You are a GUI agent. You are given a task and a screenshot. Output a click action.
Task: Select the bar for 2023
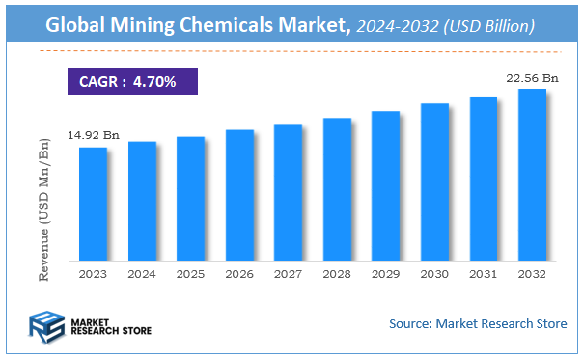[x=93, y=204]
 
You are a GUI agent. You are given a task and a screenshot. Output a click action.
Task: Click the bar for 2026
[x=239, y=195]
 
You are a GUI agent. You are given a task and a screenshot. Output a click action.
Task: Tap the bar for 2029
[x=386, y=185]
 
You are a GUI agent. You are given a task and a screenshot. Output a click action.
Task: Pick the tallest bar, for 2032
[x=532, y=175]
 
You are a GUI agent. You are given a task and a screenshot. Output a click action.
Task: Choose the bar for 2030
[x=434, y=181]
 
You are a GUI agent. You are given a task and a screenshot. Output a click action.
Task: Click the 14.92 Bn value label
[x=94, y=136]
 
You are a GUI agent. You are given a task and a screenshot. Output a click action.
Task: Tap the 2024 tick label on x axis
[x=142, y=274]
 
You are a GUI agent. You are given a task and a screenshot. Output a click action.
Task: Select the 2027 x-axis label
[x=288, y=274]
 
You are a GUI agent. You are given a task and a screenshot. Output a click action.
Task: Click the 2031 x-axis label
[x=483, y=274]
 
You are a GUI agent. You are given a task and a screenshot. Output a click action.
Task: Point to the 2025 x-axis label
[x=190, y=274]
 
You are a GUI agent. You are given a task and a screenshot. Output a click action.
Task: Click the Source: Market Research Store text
[x=477, y=323]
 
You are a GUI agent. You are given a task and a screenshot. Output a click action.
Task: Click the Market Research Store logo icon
[x=46, y=325]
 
